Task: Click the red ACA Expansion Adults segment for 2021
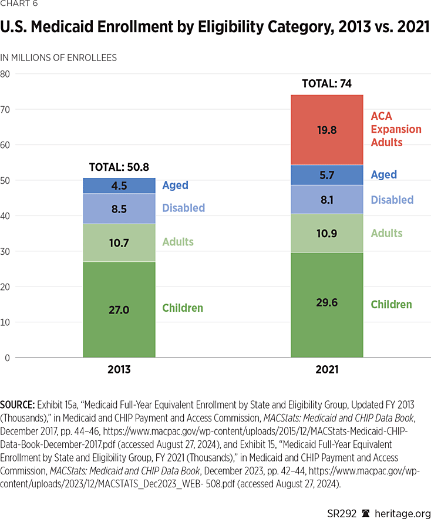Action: pyautogui.click(x=327, y=130)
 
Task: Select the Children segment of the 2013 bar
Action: pyautogui.click(x=119, y=309)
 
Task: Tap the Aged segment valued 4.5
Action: pyautogui.click(x=119, y=186)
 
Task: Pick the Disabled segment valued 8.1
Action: pyautogui.click(x=327, y=200)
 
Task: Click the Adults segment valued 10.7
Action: pyautogui.click(x=119, y=242)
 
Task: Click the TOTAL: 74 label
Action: pyautogui.click(x=326, y=84)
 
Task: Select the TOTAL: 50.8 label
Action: pyautogui.click(x=119, y=167)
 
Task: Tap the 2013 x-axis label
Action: pyautogui.click(x=119, y=370)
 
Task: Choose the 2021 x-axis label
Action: pyautogui.click(x=326, y=370)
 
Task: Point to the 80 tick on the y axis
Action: pyautogui.click(x=6, y=74)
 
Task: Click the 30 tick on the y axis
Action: pyautogui.click(x=6, y=251)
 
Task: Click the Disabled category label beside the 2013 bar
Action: pyautogui.click(x=184, y=208)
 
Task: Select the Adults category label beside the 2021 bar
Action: pyautogui.click(x=386, y=233)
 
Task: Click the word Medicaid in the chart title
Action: pyautogui.click(x=66, y=28)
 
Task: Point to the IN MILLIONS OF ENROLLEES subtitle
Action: pyautogui.click(x=59, y=58)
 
